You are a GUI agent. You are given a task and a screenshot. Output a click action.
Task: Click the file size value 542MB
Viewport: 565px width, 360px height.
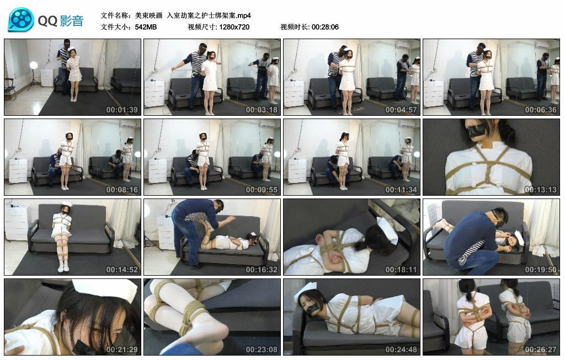tap(146, 27)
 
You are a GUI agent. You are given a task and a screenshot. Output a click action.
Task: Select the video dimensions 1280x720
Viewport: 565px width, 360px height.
tap(234, 27)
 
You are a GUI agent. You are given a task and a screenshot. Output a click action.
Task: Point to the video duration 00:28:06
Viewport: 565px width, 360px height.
tap(325, 27)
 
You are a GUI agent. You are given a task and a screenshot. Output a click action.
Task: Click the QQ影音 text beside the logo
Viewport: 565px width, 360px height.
tap(61, 21)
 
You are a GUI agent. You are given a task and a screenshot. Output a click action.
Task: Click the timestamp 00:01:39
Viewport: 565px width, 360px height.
tap(122, 110)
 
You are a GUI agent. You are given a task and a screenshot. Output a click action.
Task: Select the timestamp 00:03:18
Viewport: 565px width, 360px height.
tap(262, 110)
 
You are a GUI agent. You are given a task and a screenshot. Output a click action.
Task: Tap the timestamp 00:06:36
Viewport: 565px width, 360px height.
tap(541, 110)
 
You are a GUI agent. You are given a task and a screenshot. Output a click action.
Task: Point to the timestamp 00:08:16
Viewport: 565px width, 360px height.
tap(122, 190)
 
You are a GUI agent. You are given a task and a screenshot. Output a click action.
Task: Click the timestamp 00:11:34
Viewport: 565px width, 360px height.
tap(401, 190)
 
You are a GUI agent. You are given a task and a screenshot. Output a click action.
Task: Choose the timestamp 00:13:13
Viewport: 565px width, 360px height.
tap(541, 190)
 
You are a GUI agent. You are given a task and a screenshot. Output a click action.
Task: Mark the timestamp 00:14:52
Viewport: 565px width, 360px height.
tap(122, 270)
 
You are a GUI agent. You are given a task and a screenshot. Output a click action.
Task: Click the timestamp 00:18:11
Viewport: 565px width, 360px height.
tap(401, 270)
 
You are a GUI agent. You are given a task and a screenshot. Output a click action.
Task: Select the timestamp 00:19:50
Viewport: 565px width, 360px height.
tap(541, 270)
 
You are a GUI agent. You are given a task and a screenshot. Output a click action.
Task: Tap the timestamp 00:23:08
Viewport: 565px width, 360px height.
tap(262, 350)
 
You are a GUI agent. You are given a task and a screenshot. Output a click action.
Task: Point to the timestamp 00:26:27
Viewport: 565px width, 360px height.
tap(541, 350)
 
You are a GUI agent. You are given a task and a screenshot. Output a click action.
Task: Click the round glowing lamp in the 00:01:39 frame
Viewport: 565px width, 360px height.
tap(34, 65)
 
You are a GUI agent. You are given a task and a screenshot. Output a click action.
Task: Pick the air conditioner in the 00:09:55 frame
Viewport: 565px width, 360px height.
tap(266, 125)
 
